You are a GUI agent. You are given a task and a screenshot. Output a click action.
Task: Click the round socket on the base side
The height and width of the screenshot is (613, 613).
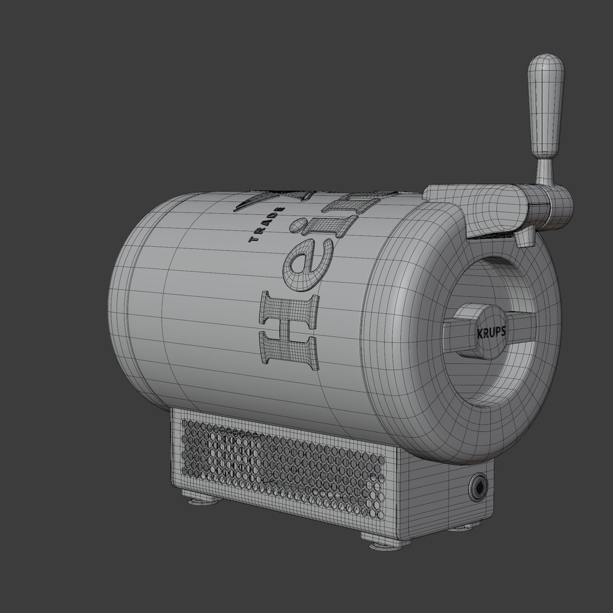pos(478,486)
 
